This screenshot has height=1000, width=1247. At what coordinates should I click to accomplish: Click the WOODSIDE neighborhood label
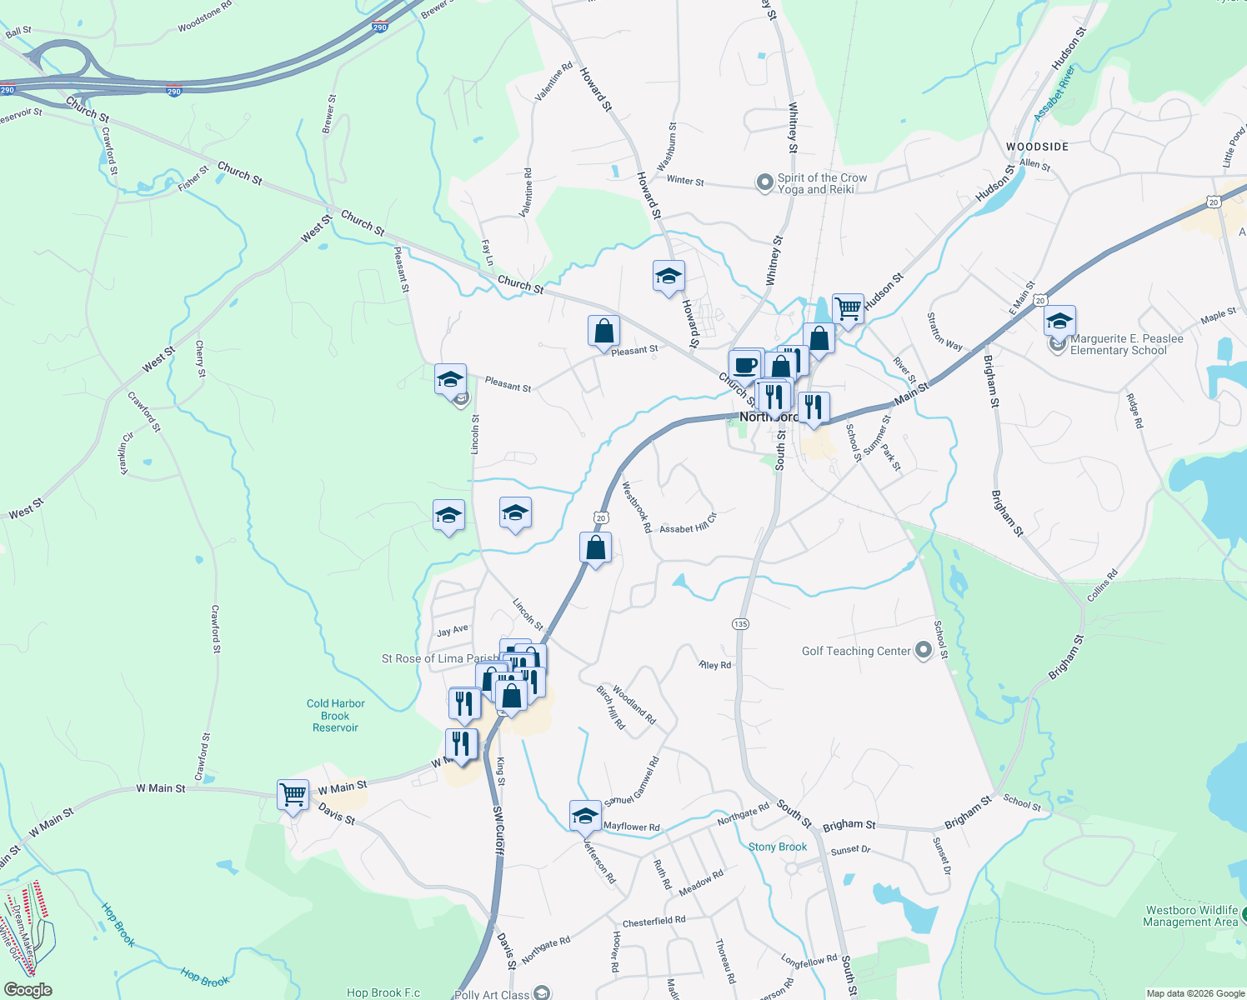point(1037,147)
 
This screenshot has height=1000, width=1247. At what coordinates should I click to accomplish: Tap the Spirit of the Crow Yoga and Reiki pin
point(764,182)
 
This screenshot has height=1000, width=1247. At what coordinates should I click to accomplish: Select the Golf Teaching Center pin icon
point(923,651)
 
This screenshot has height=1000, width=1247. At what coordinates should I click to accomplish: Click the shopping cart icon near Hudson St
point(848,309)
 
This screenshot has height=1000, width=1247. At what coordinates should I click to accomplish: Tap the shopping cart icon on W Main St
point(293,795)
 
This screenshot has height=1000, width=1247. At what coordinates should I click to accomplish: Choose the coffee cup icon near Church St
point(745,365)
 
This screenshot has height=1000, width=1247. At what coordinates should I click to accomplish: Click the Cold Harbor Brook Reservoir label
point(335,716)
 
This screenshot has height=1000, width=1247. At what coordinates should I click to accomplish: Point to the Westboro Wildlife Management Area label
point(1190,916)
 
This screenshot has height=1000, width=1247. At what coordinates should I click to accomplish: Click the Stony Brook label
point(777,847)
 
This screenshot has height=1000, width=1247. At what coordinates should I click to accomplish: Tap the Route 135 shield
point(740,624)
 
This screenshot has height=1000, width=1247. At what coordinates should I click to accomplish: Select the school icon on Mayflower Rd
point(585,816)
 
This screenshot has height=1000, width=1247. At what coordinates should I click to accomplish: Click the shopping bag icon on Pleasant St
point(603,332)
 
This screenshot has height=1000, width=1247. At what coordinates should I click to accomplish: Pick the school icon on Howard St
point(669,277)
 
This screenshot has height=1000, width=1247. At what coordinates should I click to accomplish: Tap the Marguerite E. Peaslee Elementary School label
point(1126,344)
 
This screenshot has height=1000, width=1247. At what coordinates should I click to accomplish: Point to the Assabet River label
point(1054,94)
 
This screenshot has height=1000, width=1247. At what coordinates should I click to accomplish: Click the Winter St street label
point(685,181)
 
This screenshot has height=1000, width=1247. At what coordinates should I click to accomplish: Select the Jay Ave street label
point(453,631)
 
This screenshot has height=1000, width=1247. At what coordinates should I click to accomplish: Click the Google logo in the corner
point(28,990)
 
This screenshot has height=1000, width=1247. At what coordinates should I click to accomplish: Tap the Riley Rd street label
point(715,665)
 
